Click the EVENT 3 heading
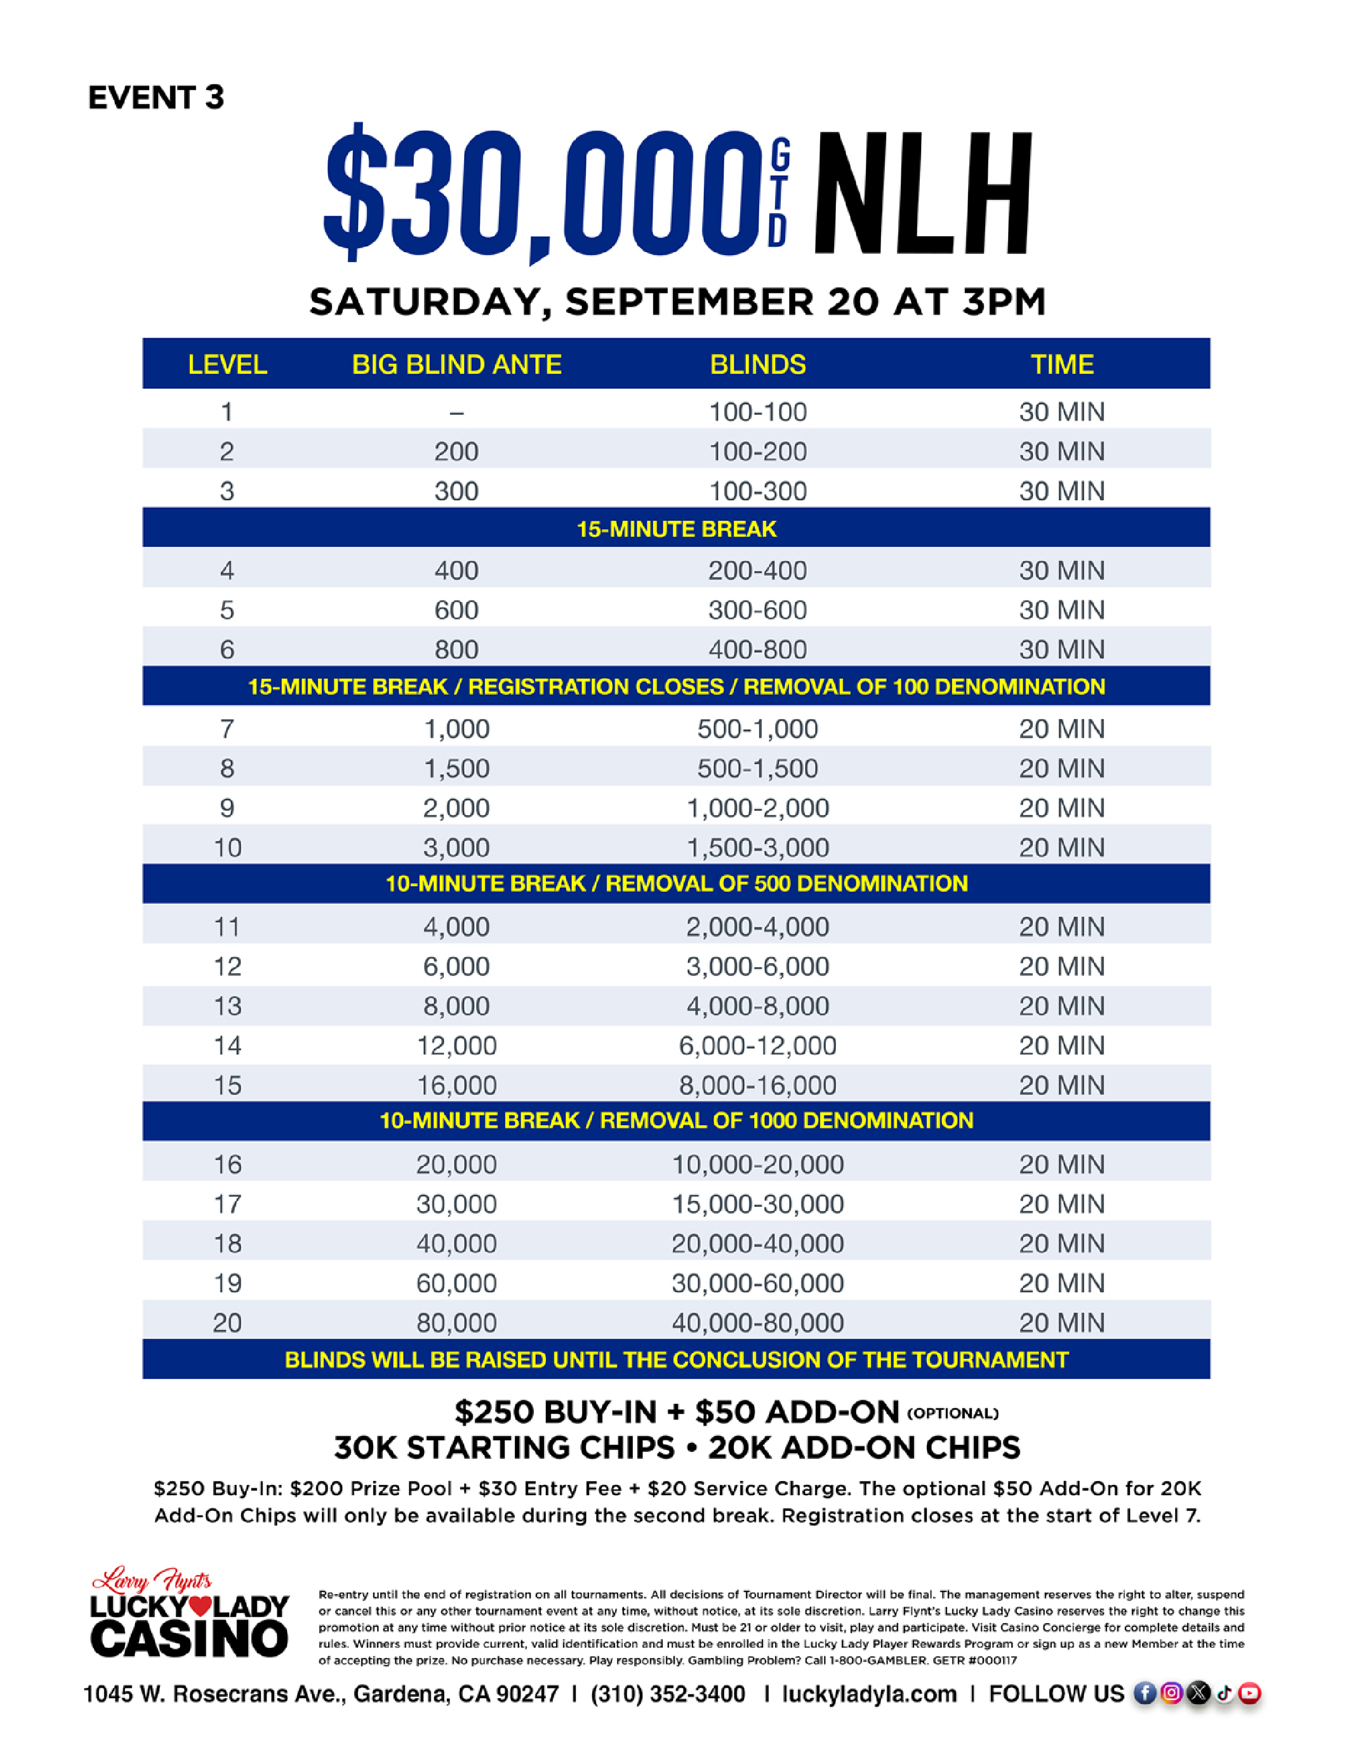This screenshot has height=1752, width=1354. tap(156, 98)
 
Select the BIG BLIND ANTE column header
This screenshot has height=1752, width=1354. tap(456, 365)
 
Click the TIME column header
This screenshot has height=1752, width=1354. tap(1061, 365)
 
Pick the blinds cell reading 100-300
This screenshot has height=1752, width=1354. tap(757, 491)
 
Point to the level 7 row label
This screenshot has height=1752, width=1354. tap(227, 728)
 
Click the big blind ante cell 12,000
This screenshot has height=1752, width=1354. tap(456, 1045)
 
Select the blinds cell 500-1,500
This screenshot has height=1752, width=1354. tap(757, 768)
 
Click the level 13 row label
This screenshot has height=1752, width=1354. tap(227, 1006)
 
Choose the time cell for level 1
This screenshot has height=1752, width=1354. tap(1061, 412)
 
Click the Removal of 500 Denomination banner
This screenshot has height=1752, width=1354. tap(676, 884)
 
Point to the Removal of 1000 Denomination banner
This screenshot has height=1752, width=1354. tap(676, 1121)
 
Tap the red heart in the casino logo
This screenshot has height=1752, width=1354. tap(202, 1607)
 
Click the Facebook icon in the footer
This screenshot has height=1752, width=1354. tap(1145, 1694)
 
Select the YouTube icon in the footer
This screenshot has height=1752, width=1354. tap(1249, 1694)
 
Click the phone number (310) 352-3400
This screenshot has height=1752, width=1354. tap(668, 1694)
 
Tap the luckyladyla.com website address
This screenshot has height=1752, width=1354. tap(869, 1694)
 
